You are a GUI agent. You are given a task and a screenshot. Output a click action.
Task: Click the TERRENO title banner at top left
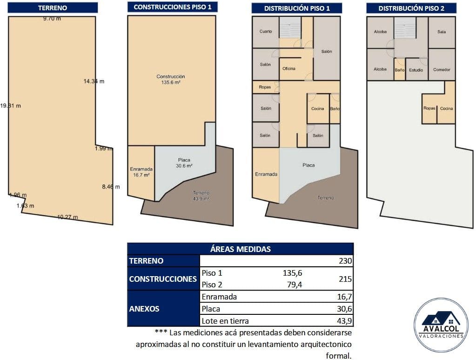point(53,7)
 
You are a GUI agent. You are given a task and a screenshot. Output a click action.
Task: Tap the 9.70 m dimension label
point(52,19)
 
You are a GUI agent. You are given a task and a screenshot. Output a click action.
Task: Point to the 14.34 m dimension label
point(94,81)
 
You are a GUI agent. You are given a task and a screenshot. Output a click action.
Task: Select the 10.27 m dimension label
point(67,217)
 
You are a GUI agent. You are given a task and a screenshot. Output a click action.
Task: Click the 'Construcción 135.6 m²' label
point(171,79)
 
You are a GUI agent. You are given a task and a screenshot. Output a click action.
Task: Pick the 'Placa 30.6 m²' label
point(184,163)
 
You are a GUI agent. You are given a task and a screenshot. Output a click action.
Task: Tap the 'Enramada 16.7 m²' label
point(141,172)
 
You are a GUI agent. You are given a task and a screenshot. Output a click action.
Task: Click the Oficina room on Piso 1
point(288,68)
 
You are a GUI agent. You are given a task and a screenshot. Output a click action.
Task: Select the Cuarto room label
point(266,31)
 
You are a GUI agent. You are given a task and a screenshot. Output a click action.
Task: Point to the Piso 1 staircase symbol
point(290,27)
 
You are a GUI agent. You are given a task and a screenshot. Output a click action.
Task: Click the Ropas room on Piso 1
point(265,87)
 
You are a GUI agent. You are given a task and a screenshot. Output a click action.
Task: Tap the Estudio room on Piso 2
point(416,69)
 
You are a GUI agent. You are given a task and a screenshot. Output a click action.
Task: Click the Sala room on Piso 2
point(442,32)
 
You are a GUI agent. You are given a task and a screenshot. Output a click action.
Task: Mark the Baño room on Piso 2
point(400,69)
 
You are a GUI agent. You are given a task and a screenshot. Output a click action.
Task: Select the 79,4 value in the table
point(295,285)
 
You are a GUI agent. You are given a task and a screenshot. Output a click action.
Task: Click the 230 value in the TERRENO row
point(345,261)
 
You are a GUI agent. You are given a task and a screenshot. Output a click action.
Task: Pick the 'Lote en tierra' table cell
point(225,321)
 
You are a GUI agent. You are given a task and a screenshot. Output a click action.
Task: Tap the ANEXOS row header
point(144,309)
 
